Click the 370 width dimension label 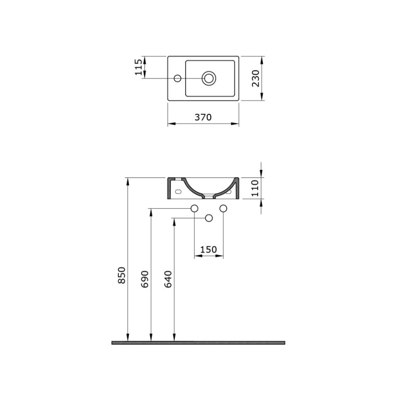203,117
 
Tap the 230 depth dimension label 255,78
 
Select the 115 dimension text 138,67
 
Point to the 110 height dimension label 255,188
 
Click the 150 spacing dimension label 209,249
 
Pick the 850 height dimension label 122,275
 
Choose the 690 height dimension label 145,280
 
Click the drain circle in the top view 209,78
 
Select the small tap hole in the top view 178,78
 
